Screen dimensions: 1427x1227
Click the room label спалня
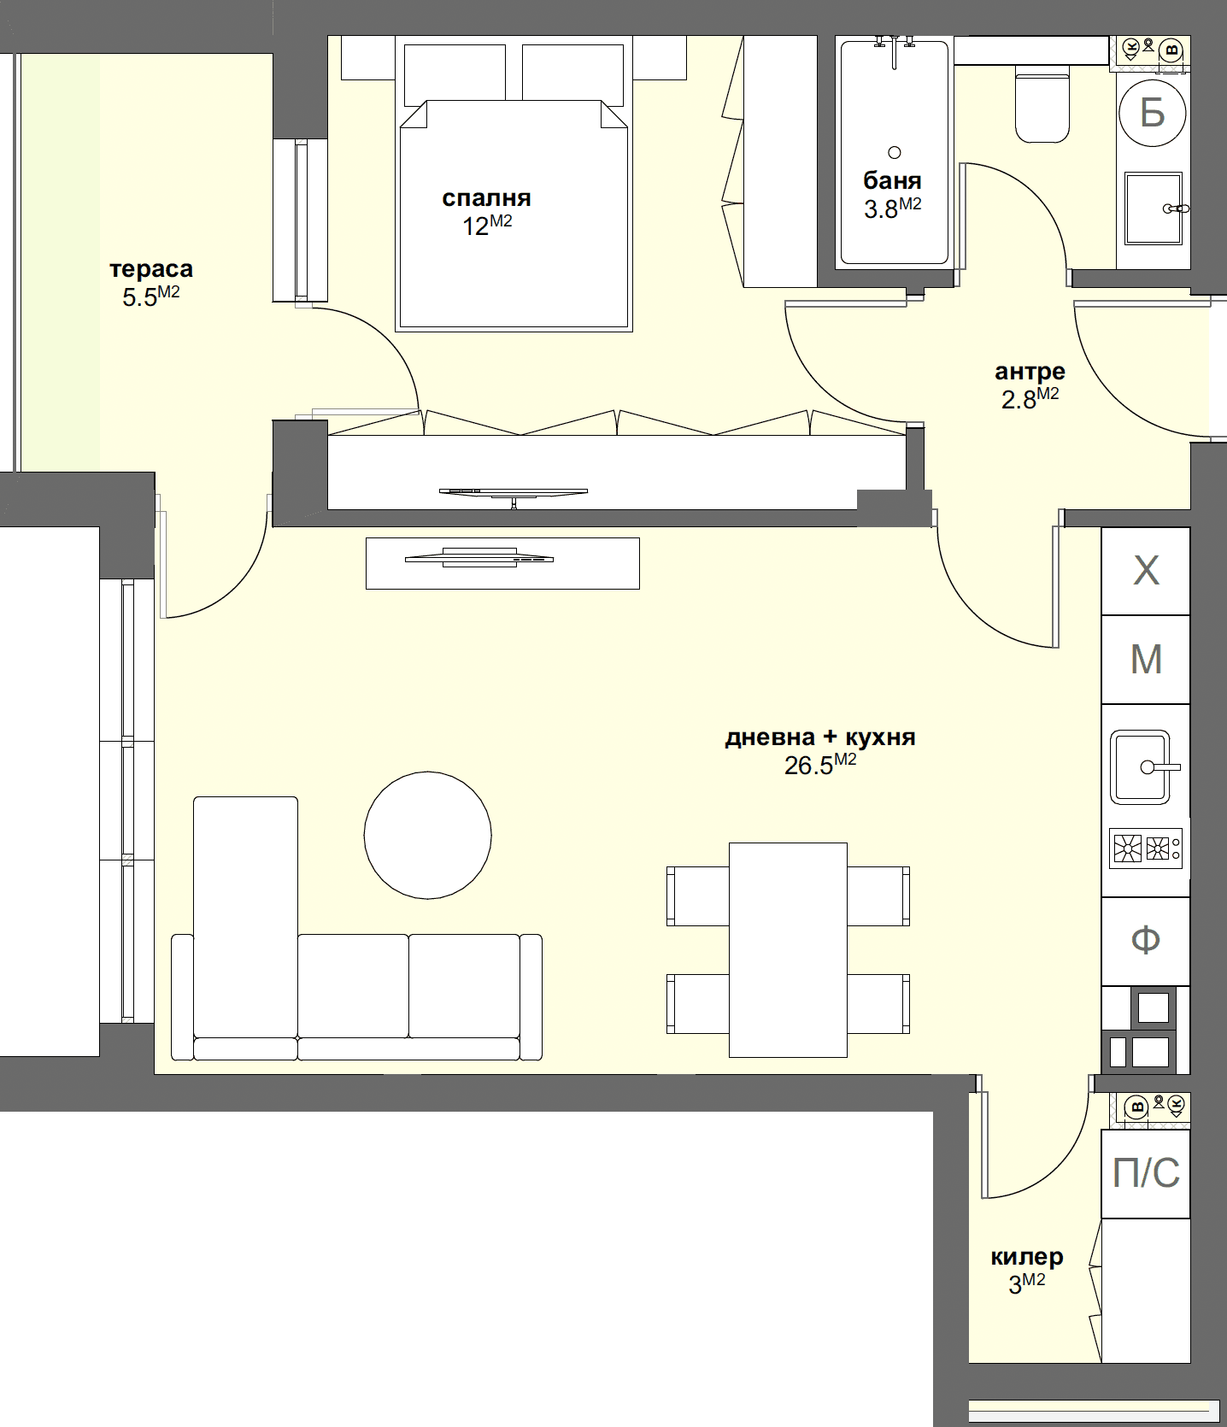[486, 198]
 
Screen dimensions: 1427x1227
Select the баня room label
[892, 180]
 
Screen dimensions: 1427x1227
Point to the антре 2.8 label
[1030, 385]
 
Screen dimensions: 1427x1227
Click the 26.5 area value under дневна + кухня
[809, 766]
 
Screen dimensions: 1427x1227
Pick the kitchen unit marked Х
[1146, 571]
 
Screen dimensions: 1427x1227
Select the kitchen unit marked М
[1146, 660]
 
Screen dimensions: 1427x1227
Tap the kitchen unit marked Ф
[1146, 941]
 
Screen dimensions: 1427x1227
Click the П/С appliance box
[1146, 1173]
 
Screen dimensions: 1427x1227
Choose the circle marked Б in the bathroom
[1153, 112]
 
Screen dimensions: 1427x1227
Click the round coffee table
[427, 835]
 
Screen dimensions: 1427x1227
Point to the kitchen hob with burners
[1146, 849]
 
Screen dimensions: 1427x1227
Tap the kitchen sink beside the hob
[1141, 766]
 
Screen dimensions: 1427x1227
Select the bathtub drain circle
[895, 153]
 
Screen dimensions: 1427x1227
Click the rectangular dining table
[788, 949]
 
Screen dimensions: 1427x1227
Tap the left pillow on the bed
[454, 75]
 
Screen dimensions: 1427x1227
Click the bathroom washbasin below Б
[1152, 208]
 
